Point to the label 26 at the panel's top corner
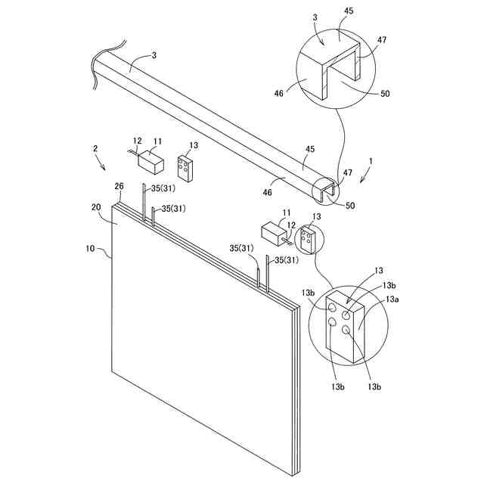point(119,187)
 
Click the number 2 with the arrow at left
point(95,150)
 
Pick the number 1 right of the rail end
point(370,162)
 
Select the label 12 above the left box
point(136,141)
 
